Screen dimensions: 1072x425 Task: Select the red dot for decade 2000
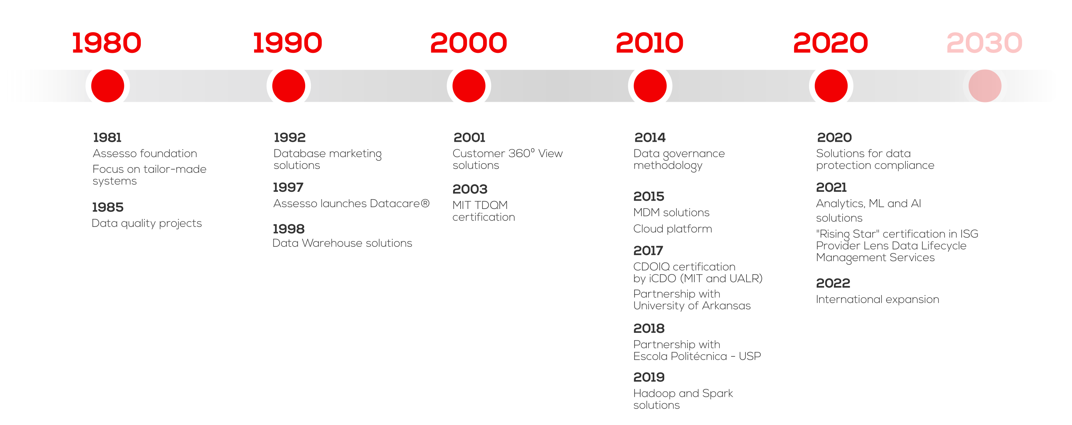(468, 86)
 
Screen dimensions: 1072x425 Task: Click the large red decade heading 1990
(288, 43)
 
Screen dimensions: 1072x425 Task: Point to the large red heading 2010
(649, 43)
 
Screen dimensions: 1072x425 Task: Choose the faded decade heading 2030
(984, 43)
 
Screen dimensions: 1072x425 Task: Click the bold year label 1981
(107, 137)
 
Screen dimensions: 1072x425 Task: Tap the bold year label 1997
(288, 187)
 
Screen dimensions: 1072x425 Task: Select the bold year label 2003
(470, 189)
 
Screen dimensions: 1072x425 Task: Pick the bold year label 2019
(649, 377)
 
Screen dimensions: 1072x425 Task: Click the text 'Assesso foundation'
(145, 154)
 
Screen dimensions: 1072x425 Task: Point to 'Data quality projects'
(147, 223)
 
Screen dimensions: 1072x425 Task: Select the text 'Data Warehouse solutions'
(342, 243)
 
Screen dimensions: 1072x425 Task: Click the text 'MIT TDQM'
(480, 205)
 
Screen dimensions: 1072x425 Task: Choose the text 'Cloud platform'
(673, 229)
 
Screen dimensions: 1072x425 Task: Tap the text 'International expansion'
(877, 299)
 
